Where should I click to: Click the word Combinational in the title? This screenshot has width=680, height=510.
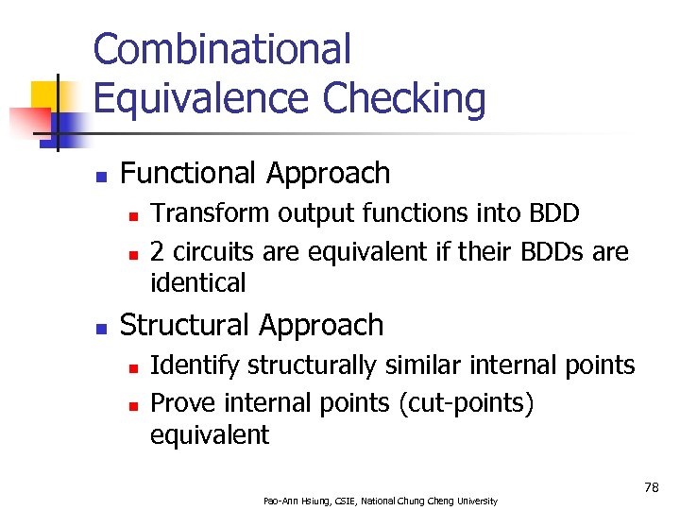(x=222, y=49)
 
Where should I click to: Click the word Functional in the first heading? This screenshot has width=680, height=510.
(x=190, y=173)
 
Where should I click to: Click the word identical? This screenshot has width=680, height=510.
(x=198, y=282)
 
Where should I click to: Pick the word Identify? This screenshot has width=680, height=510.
(x=188, y=365)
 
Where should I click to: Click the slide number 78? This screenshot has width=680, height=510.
(x=651, y=487)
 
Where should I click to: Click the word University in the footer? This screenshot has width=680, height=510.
(x=474, y=501)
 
